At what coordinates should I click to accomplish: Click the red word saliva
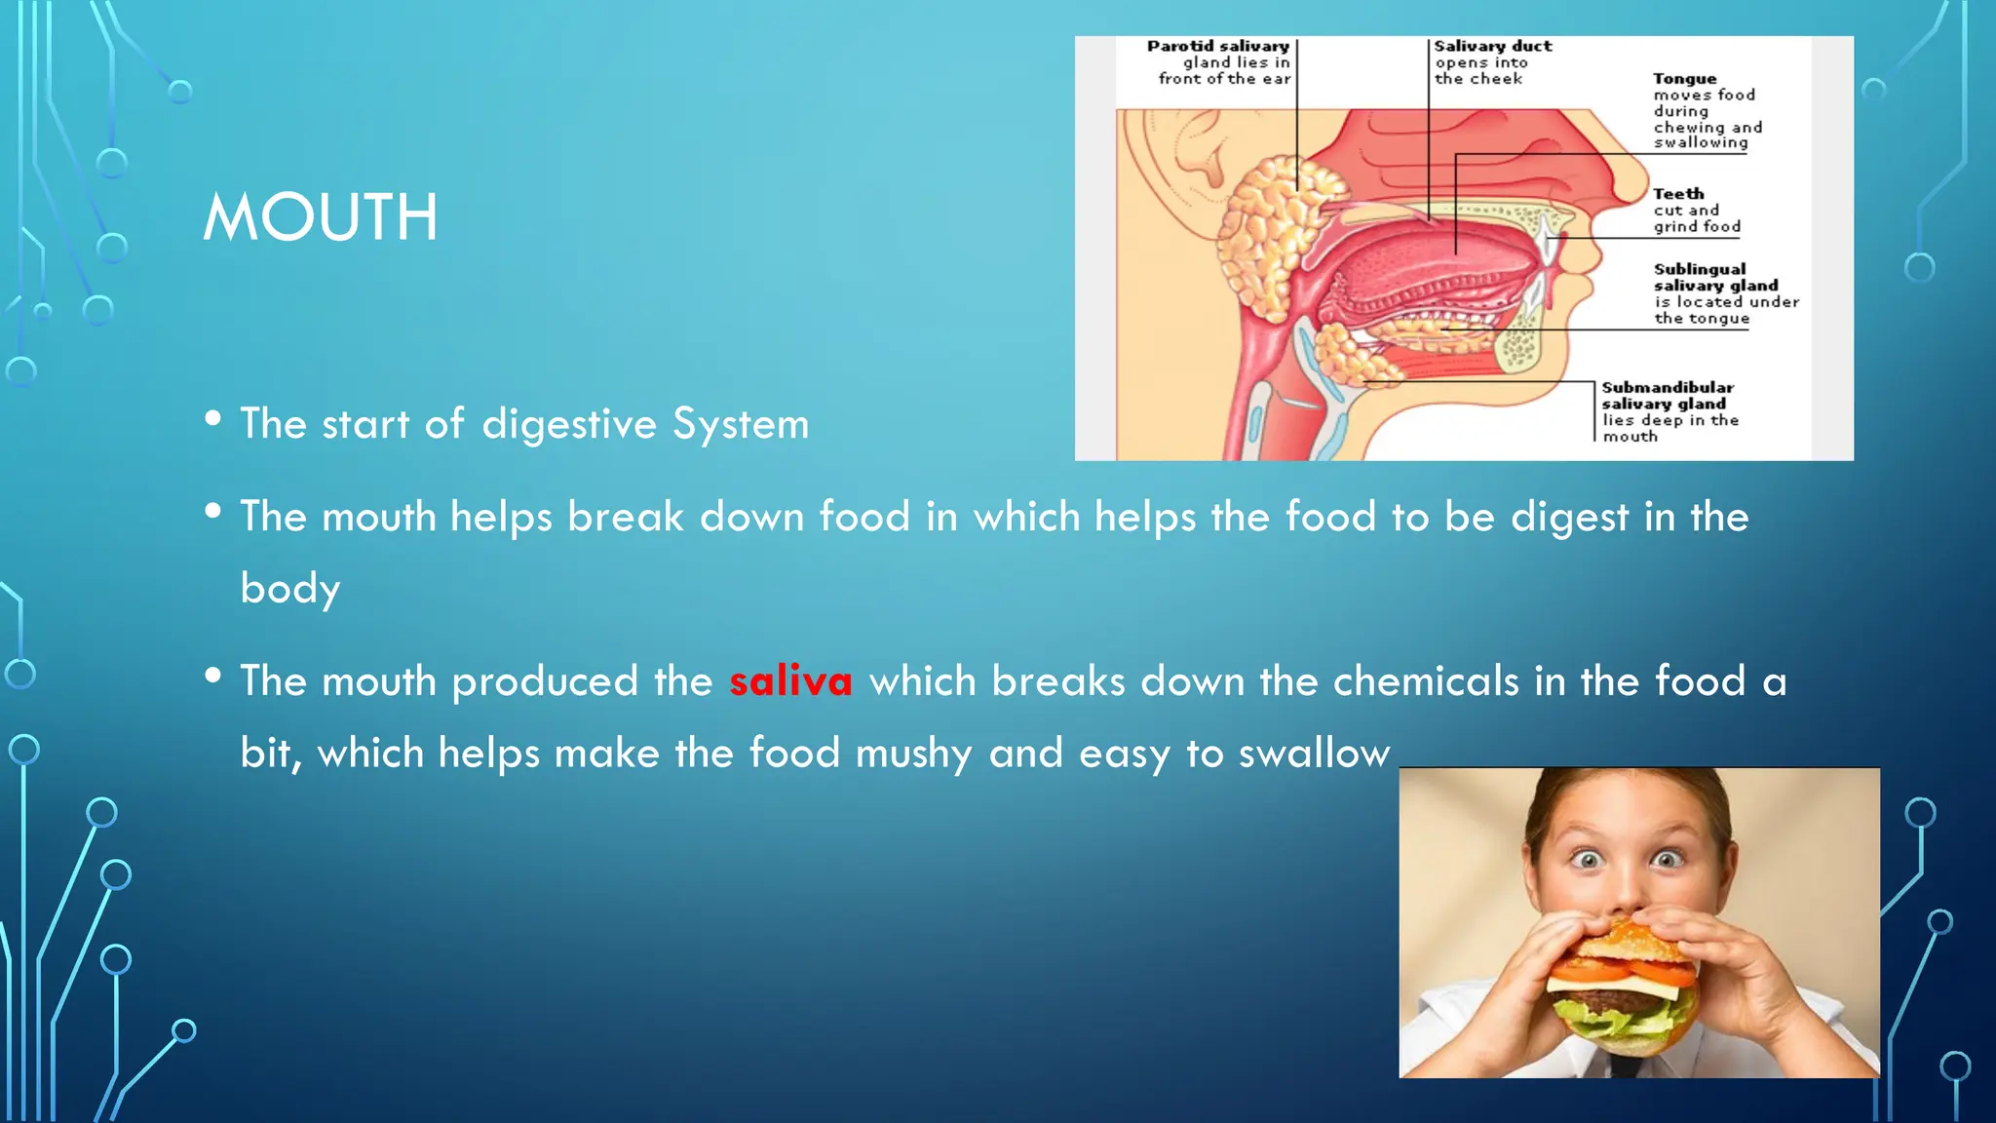[x=790, y=680]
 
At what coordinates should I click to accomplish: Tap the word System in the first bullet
[x=741, y=424]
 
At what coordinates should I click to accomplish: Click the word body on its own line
[x=290, y=589]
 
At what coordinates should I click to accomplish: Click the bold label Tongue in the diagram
[x=1684, y=79]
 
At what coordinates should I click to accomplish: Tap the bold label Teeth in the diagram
[x=1678, y=194]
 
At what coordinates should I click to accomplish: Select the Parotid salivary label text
[x=1217, y=46]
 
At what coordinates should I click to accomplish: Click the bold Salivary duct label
[x=1492, y=46]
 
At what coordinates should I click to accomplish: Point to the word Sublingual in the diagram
[x=1699, y=269]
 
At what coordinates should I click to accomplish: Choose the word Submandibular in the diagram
[x=1668, y=387]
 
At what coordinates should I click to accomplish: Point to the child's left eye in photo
[x=1668, y=859]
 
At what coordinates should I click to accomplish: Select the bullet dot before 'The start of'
[x=213, y=419]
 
